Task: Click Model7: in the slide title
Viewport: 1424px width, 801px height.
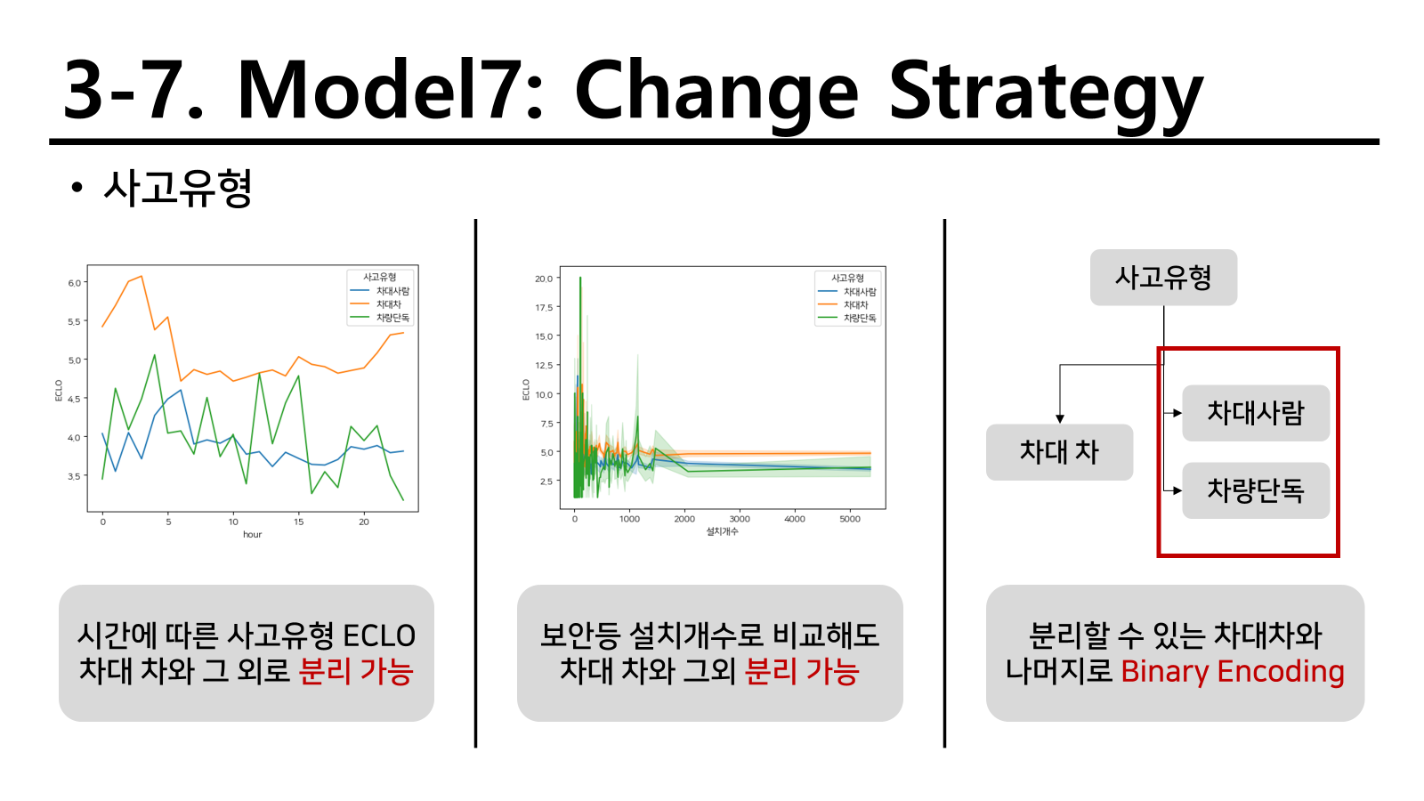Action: (390, 89)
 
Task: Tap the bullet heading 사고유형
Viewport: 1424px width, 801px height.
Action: (177, 188)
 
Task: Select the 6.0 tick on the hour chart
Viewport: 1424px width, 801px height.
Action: (75, 283)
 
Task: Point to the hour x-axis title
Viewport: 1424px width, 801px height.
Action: (253, 534)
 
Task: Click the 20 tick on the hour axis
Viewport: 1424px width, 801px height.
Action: (364, 522)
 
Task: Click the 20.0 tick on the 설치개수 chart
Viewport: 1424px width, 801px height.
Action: (544, 279)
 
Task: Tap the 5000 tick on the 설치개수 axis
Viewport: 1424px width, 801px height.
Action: (850, 519)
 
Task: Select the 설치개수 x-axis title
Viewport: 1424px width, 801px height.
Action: (722, 530)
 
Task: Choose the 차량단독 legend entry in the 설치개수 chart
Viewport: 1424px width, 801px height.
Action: (846, 318)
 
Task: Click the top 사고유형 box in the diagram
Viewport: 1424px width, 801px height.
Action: (1163, 277)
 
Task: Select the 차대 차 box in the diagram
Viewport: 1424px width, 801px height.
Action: (1059, 452)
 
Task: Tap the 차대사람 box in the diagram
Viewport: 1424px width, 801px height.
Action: (1256, 413)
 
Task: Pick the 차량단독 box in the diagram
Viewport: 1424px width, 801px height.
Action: (1256, 490)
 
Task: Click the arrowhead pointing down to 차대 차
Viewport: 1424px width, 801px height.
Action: (1060, 418)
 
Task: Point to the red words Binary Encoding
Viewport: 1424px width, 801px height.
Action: (1233, 671)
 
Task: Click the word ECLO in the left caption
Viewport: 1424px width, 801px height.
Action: (379, 635)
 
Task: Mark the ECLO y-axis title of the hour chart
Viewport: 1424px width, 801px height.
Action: (59, 391)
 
